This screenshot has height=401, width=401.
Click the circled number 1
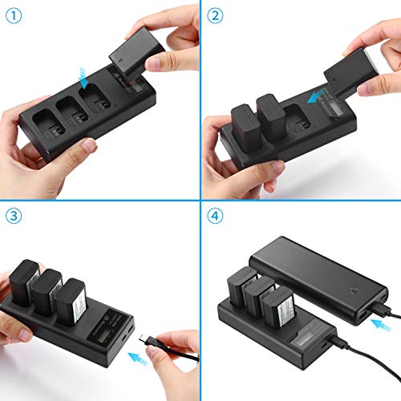(15, 15)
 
